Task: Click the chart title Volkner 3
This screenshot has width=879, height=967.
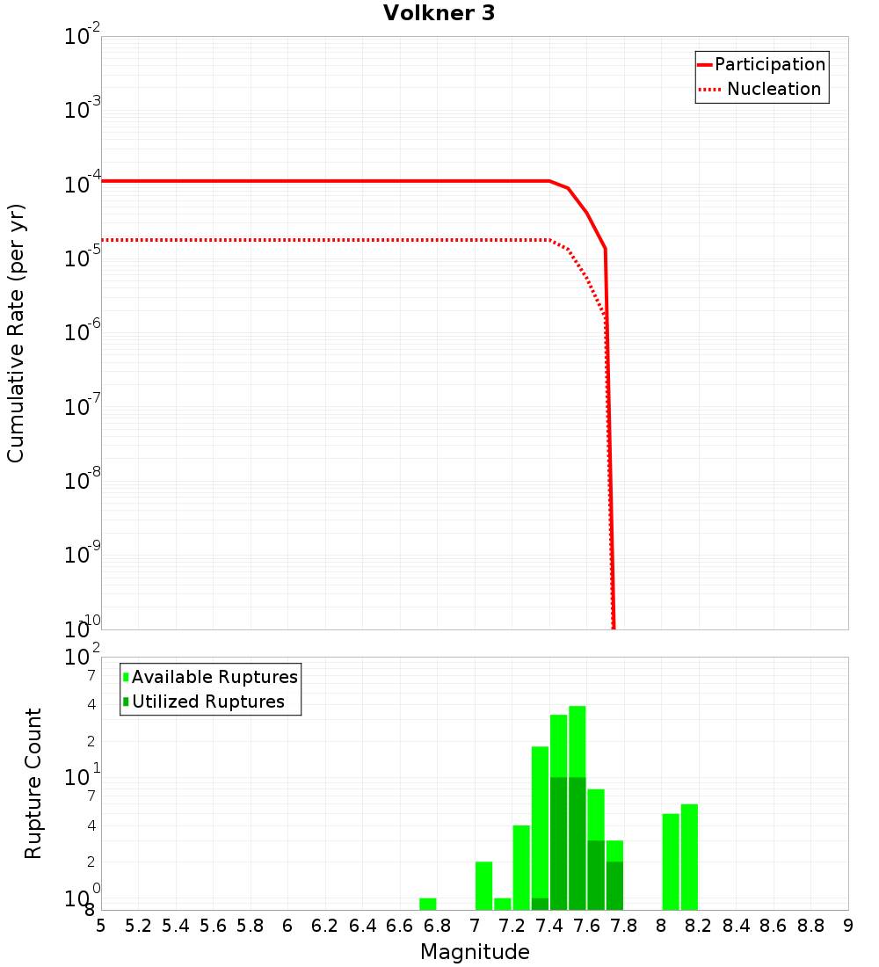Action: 439,14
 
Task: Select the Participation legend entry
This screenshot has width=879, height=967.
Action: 770,64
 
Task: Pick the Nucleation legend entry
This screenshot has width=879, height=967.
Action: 774,89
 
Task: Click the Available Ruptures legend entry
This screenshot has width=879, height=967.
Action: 214,677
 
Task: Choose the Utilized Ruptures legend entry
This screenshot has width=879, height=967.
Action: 207,702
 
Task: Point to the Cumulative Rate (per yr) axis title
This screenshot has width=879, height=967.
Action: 16,333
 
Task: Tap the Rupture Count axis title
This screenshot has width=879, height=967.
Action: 33,783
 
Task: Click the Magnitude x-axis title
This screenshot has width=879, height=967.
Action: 475,952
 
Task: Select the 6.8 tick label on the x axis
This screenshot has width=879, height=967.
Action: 437,926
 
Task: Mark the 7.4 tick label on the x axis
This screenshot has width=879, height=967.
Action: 549,926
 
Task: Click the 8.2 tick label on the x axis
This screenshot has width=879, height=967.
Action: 699,926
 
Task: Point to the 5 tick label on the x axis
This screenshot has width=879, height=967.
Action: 101,926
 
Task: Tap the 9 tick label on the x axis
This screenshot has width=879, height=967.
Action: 848,926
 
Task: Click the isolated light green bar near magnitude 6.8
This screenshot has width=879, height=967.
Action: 428,904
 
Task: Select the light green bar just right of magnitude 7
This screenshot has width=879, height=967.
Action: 483,885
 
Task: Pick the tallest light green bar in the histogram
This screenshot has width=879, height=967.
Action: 578,738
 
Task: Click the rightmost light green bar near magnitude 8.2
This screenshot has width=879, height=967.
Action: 689,857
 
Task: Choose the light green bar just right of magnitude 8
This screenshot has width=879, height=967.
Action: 671,862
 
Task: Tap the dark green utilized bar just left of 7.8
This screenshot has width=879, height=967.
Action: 614,885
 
